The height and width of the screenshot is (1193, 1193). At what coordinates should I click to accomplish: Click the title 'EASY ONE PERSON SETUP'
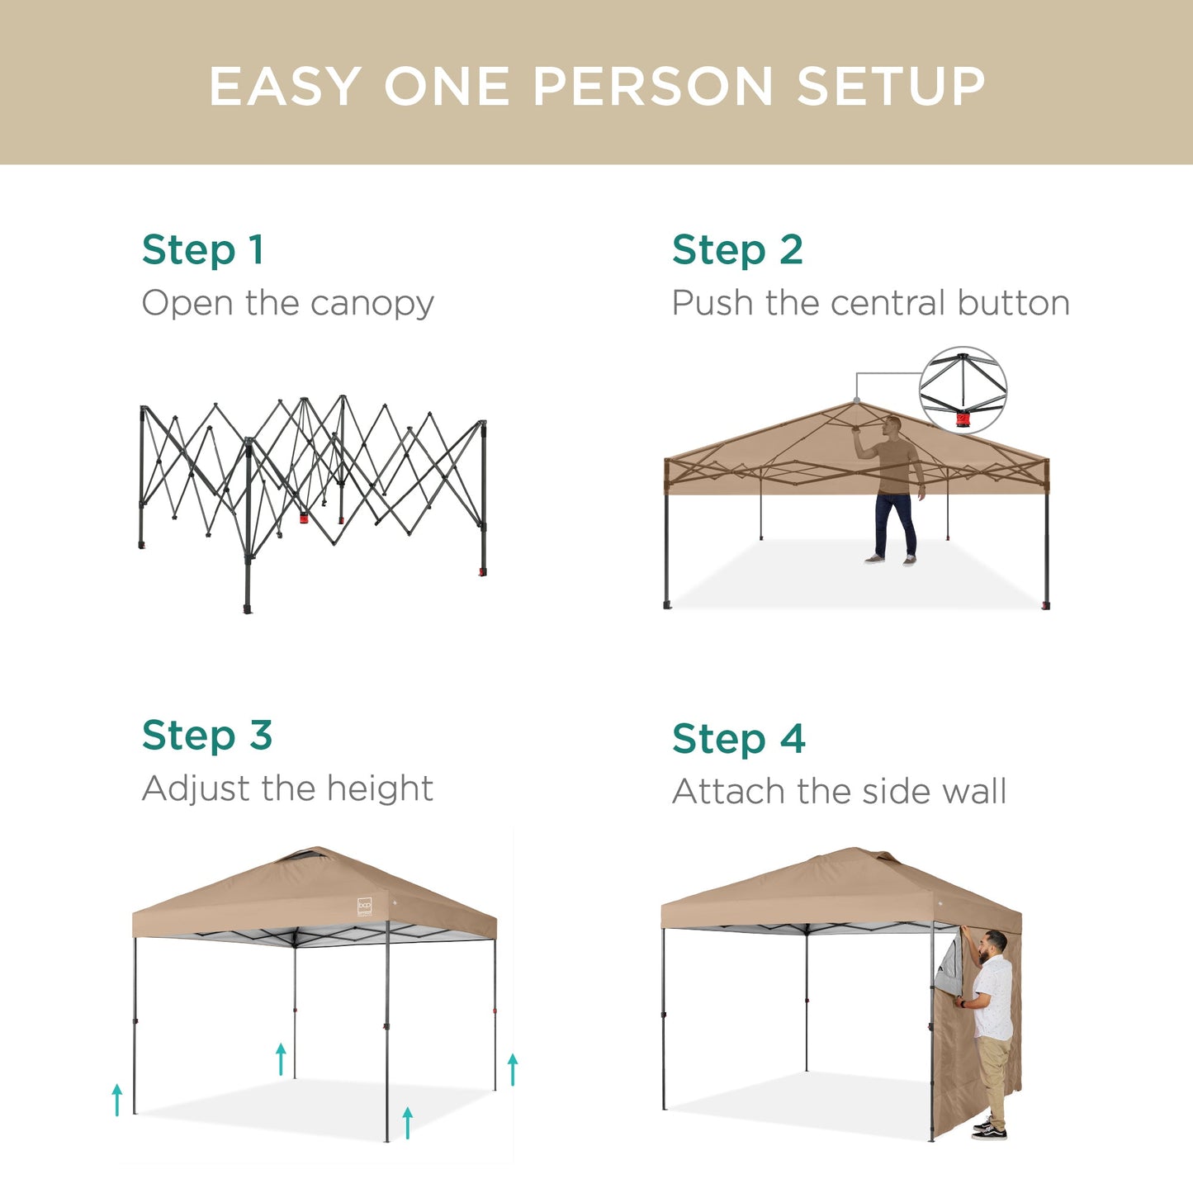coord(596,87)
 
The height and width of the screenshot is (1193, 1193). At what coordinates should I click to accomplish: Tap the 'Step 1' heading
coord(202,250)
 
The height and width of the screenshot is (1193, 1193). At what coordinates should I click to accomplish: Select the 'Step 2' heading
coord(736,250)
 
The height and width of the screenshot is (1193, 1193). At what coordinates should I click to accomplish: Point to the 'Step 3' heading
coord(206,736)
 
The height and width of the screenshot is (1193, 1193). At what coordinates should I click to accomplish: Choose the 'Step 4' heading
coord(738,739)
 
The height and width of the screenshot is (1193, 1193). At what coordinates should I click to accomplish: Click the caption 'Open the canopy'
coord(287,304)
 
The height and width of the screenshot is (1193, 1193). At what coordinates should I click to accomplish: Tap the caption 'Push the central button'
coord(870,303)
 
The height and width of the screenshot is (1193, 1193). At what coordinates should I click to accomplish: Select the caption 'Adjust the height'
coord(287,788)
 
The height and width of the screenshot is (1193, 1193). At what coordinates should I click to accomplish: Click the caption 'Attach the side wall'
coord(839,792)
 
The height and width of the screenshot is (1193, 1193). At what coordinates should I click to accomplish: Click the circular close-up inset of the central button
coord(963,391)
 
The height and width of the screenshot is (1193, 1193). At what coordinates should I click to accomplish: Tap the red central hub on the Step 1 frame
coord(303,518)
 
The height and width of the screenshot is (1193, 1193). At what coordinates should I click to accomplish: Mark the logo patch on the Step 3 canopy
coord(365,906)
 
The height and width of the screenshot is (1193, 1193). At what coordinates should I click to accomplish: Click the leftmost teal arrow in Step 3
coord(117,1100)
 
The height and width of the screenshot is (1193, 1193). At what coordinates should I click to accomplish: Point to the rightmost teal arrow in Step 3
coord(513,1069)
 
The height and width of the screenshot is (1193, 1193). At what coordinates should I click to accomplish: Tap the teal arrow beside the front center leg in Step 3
coord(407,1123)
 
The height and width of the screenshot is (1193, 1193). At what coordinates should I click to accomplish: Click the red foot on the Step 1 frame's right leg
coord(482,571)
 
